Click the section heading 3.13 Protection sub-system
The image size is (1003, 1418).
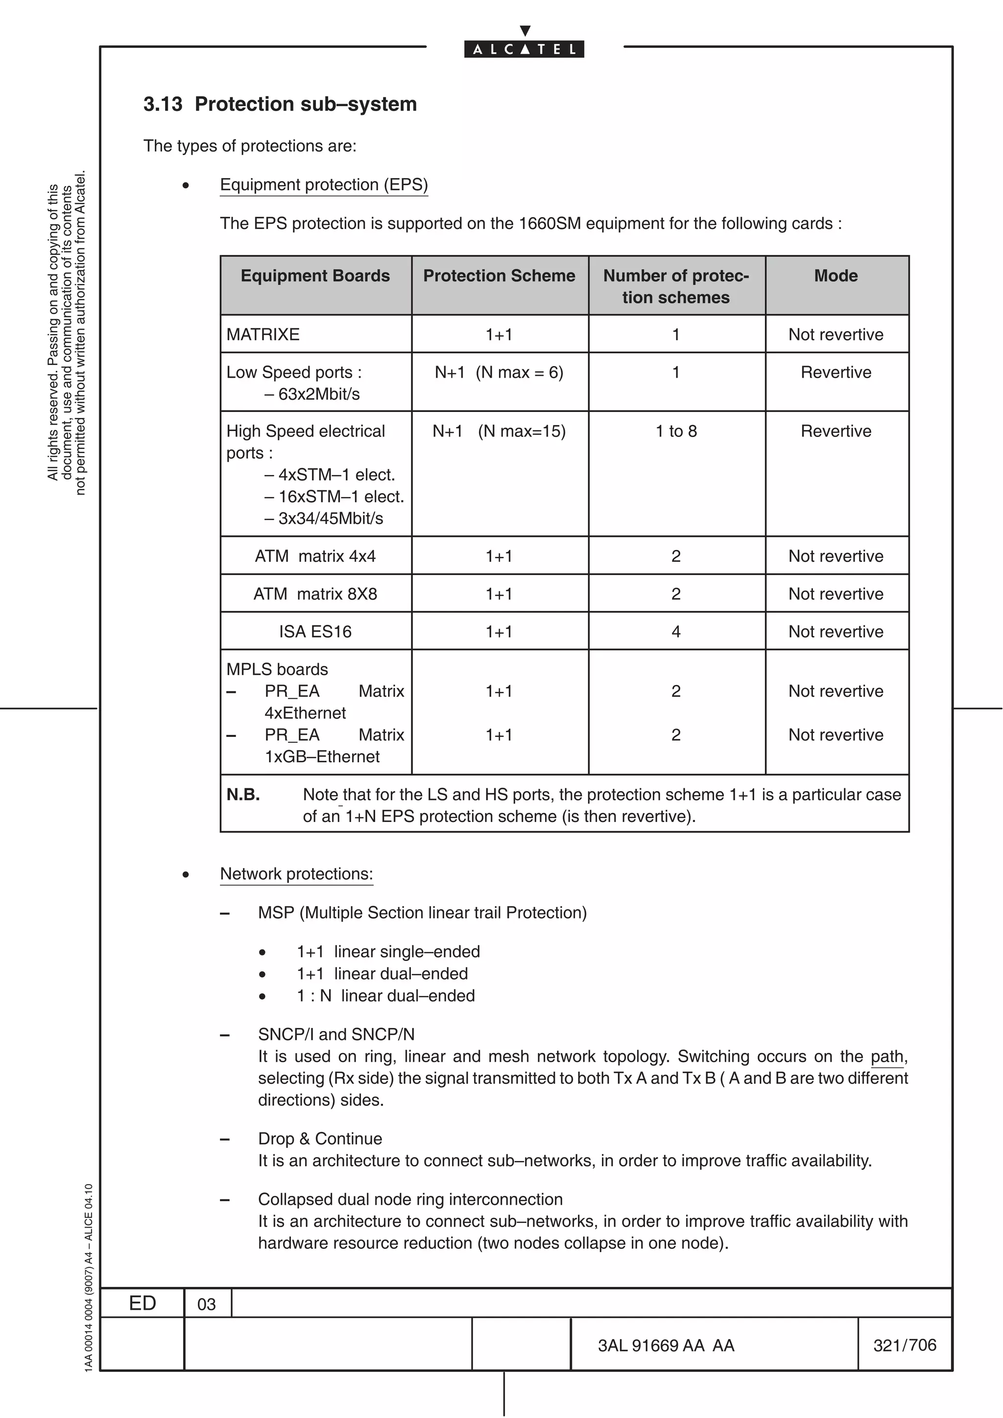click(280, 104)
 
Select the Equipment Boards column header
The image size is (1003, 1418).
click(315, 275)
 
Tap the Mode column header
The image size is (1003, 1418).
click(836, 275)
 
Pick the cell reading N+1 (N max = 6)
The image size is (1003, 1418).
click(499, 372)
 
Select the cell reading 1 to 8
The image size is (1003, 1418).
click(676, 431)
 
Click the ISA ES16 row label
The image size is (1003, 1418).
click(315, 631)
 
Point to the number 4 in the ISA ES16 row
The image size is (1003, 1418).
click(676, 631)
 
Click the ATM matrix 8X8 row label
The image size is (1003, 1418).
click(315, 594)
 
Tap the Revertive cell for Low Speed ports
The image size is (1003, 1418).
click(836, 372)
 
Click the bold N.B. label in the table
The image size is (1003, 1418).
click(243, 794)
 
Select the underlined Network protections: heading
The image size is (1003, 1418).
click(297, 874)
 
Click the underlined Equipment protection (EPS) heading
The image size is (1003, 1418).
click(324, 184)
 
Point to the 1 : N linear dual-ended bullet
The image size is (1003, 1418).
click(385, 996)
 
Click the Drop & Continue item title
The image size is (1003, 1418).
click(320, 1138)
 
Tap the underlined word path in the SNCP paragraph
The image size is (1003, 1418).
click(887, 1057)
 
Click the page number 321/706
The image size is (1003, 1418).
click(905, 1345)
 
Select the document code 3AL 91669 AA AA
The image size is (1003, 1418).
click(666, 1345)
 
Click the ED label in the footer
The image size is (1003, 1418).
click(142, 1303)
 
